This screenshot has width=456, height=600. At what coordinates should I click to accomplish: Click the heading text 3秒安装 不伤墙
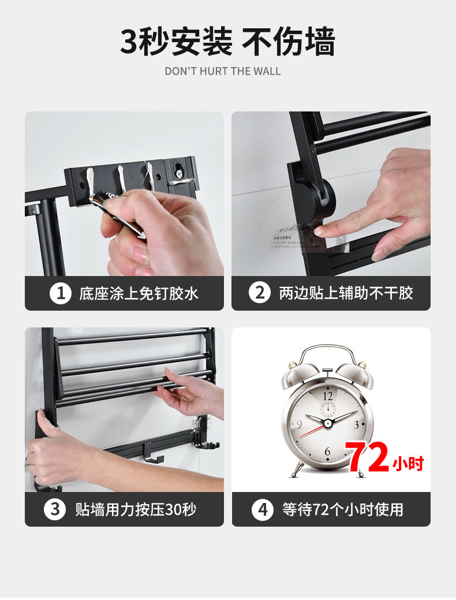227,42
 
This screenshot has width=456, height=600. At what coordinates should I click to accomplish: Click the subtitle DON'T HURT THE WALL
223,72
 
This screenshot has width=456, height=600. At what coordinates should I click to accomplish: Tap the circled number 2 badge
259,293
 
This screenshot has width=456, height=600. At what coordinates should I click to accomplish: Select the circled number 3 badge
55,509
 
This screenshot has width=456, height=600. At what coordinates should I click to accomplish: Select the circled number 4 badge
263,509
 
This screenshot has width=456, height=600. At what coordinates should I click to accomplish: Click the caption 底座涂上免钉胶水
139,293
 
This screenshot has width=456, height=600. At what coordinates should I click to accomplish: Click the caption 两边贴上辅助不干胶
346,293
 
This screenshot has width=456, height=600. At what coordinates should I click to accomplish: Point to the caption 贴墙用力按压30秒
136,509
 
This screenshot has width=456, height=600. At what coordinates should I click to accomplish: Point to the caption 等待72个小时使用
343,509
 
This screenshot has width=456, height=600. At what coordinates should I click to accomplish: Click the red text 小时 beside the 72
409,463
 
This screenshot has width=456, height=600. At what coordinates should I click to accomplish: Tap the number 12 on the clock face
328,396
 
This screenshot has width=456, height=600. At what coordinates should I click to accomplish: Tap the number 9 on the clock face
298,424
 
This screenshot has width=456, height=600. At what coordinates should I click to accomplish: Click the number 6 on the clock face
327,451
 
